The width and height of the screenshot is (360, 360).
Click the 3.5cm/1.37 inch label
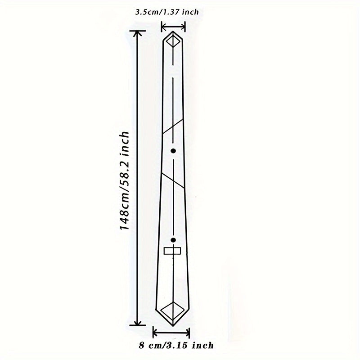(x=167, y=12)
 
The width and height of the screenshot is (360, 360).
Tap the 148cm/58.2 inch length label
(x=125, y=180)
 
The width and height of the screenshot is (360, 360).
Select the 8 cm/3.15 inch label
(x=176, y=346)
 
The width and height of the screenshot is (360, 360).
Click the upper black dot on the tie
(x=173, y=151)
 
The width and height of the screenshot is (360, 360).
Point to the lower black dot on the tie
(x=173, y=240)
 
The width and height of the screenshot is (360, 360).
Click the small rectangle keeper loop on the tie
(x=172, y=251)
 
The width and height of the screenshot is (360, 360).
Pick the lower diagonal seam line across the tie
(x=173, y=180)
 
